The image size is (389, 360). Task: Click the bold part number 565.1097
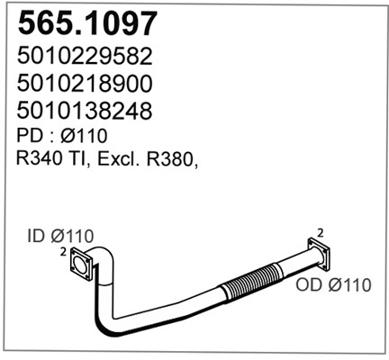pos(87,22)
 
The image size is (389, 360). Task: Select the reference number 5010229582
pos(85,57)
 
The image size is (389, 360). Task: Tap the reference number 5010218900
pos(85,84)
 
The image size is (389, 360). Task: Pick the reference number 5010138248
pos(85,111)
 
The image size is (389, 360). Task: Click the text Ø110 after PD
pos(84,136)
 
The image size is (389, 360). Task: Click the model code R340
pos(40,159)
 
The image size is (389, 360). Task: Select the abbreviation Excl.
pos(120,159)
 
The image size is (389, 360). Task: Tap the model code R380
pos(169,159)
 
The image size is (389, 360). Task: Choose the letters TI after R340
pos(77,159)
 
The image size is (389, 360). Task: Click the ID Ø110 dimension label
pos(60,237)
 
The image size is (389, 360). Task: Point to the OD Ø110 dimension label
pos(333,285)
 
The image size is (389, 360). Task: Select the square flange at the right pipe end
pos(319,253)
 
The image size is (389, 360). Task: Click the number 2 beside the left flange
pos(63,252)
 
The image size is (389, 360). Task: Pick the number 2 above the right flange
pos(321,233)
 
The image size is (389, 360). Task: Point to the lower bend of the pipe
pos(106,324)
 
